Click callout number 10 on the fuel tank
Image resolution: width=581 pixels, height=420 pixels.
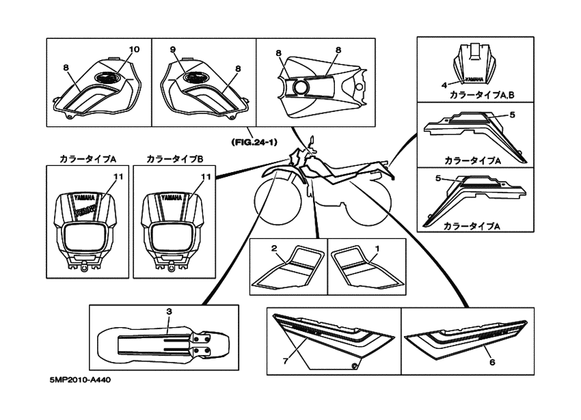133,50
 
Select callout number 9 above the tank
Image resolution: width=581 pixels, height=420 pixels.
173,50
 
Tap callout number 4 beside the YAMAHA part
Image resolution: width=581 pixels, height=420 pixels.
444,85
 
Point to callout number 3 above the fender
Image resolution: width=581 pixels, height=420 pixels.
168,311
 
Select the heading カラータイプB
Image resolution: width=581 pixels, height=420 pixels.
175,158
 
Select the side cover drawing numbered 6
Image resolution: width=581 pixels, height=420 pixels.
464,338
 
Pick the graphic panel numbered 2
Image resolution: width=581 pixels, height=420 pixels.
287,267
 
